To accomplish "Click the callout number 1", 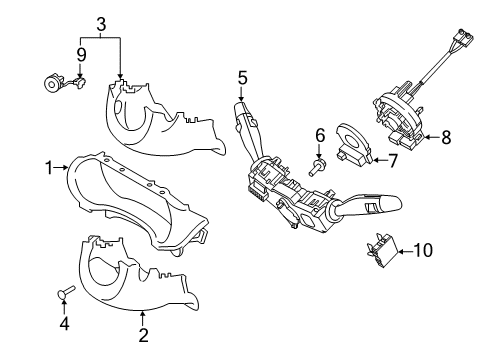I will [48, 169].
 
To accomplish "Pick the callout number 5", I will [242, 76].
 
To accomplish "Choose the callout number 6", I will [320, 135].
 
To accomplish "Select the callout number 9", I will [82, 52].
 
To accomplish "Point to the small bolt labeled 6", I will [319, 167].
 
